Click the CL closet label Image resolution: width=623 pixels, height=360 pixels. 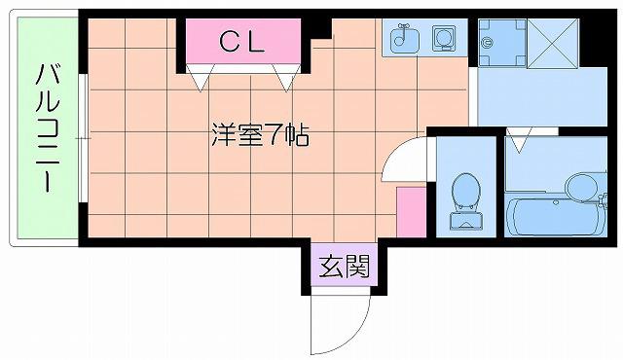pos(242,41)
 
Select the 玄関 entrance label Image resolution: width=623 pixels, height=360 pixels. pos(345,266)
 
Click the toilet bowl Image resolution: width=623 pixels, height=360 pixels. pos(466,192)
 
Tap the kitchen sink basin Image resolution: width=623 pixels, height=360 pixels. pos(405,39)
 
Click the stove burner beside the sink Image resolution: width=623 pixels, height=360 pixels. pos(444,38)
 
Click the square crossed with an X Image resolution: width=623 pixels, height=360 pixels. pos(553,43)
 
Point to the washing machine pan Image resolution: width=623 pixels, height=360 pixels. pos(502,43)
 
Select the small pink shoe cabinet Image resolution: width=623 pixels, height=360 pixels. pos(411,212)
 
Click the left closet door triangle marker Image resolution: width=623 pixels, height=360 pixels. pos(201,78)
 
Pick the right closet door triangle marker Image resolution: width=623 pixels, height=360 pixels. pos(286,78)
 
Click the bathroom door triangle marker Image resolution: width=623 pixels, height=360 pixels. pos(519,140)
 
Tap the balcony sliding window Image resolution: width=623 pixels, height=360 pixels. pos(83,138)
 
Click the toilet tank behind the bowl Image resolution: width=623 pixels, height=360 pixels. pos(466,221)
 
